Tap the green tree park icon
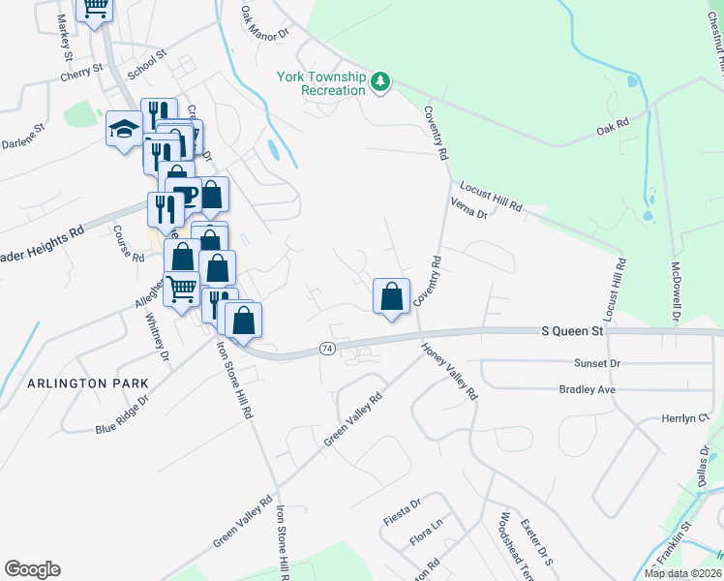pyautogui.click(x=381, y=82)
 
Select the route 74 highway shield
pyautogui.click(x=327, y=349)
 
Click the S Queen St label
pyautogui.click(x=571, y=331)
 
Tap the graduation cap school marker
pyautogui.click(x=124, y=131)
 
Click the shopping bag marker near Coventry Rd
pyautogui.click(x=391, y=295)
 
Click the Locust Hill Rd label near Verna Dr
pyautogui.click(x=491, y=197)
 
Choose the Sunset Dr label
pyautogui.click(x=594, y=363)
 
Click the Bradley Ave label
pyautogui.click(x=587, y=389)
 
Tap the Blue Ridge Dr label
pyautogui.click(x=122, y=414)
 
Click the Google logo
pyautogui.click(x=32, y=569)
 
